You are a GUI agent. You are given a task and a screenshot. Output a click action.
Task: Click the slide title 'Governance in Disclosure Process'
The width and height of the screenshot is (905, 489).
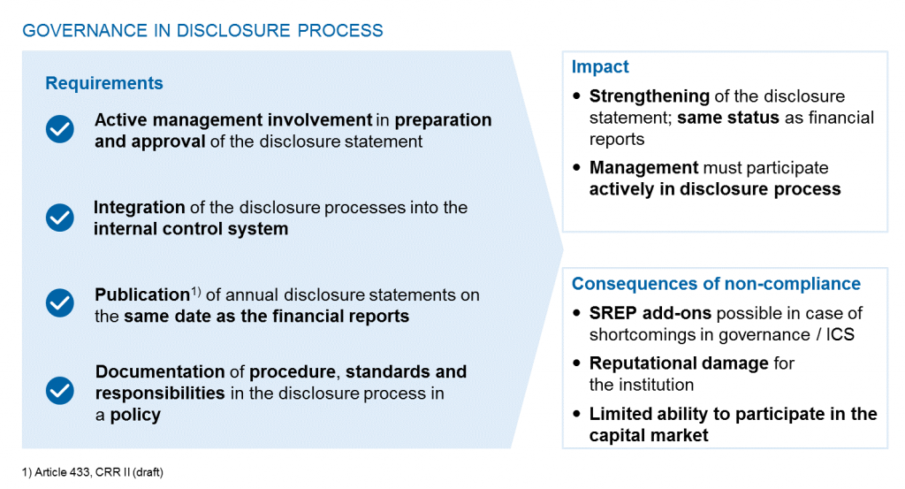coord(202,31)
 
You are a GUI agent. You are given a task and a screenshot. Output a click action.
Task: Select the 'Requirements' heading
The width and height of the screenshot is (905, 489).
coord(104,83)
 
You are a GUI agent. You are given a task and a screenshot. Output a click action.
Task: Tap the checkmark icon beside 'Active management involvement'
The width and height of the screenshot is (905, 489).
coord(60,130)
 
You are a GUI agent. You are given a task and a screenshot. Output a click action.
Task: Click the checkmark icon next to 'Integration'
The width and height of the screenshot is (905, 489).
coord(60,218)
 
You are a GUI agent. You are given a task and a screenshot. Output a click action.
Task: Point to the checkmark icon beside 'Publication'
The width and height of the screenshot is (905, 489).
coord(60,303)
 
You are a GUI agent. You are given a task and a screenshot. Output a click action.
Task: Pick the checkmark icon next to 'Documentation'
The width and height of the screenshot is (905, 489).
coord(60,389)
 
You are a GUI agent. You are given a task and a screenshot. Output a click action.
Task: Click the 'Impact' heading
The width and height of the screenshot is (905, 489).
coord(600,67)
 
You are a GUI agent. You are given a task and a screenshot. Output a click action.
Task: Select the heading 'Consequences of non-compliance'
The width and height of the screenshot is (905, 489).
coord(716,284)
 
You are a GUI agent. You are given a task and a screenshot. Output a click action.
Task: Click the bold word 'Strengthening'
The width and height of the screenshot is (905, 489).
coord(649,96)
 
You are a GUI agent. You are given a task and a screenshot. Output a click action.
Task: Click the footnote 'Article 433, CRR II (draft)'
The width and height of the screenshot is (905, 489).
coord(93,472)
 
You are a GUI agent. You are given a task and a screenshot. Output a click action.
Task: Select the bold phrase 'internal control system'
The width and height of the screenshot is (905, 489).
coord(191,229)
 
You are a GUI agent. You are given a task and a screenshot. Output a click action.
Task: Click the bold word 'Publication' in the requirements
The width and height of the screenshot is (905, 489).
coord(141,295)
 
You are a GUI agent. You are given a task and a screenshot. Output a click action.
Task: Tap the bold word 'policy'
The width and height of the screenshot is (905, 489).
coord(135,415)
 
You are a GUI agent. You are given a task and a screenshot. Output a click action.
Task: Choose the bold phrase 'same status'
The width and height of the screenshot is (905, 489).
coord(727,118)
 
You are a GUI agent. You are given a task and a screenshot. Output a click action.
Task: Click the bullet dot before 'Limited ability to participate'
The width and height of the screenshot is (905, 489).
coord(578,414)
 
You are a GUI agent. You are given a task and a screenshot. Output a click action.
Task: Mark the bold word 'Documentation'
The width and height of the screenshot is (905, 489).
coord(160,371)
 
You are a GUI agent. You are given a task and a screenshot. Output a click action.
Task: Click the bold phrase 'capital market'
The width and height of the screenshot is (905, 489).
coord(649,435)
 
